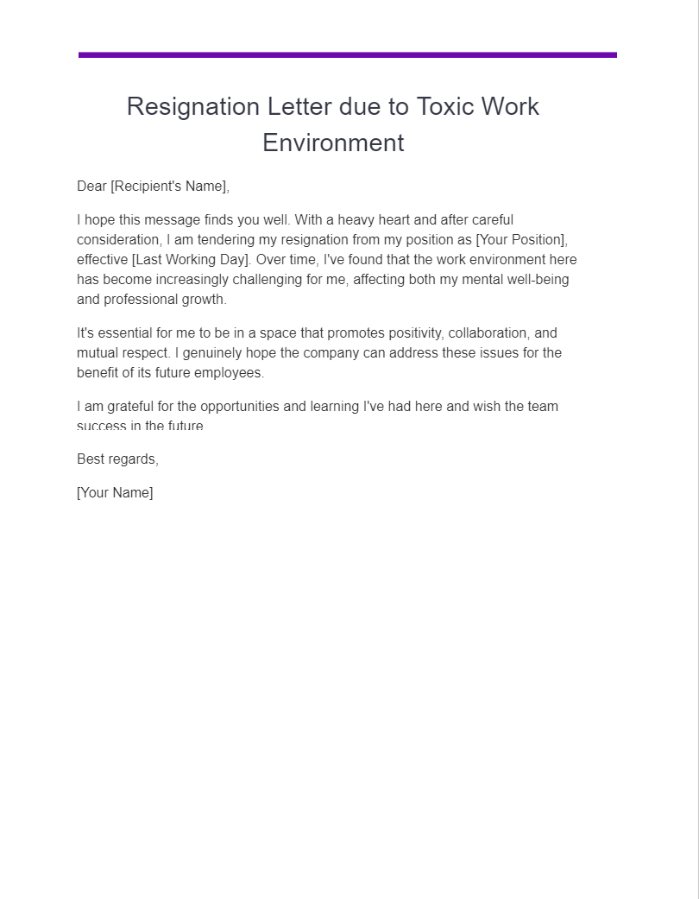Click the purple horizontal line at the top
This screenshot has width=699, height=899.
click(x=347, y=54)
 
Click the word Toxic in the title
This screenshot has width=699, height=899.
click(x=446, y=106)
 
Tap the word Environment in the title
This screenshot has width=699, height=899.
click(x=333, y=142)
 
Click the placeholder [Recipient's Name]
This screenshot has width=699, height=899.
click(x=170, y=187)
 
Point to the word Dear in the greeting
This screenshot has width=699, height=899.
click(x=91, y=187)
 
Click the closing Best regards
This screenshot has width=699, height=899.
click(x=117, y=459)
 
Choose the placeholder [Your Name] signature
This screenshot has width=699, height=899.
click(x=115, y=493)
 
